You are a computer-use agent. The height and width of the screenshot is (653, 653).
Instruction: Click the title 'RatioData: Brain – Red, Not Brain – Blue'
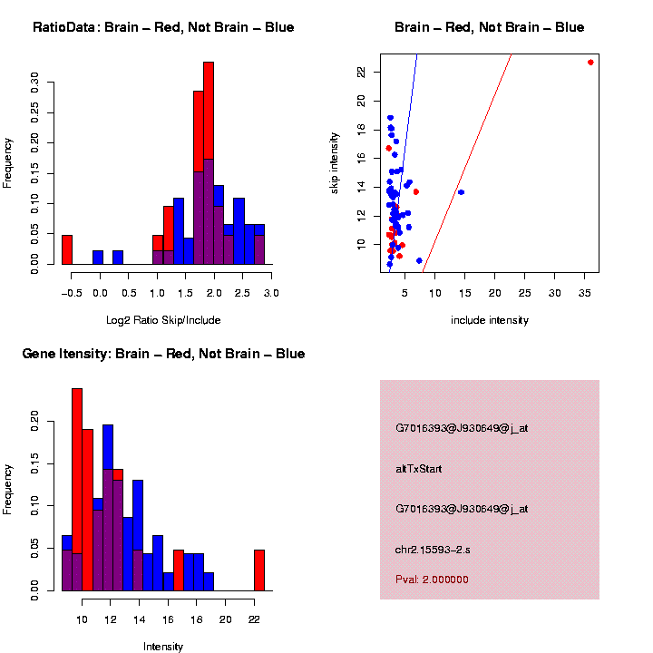(163, 27)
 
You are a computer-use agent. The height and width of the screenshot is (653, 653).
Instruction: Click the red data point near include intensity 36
(590, 63)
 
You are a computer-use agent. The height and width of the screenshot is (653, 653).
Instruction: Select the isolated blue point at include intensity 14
(461, 192)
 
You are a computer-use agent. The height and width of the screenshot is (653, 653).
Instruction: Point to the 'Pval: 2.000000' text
(432, 580)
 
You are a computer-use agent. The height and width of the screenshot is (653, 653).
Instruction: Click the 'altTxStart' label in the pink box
(419, 469)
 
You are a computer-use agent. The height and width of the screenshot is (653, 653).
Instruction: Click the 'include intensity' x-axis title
(490, 320)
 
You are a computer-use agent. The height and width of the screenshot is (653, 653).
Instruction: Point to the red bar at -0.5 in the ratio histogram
(67, 249)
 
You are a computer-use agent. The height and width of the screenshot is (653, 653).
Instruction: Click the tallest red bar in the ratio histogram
(209, 163)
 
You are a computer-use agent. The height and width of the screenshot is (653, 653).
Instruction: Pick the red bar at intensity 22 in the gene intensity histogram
(259, 570)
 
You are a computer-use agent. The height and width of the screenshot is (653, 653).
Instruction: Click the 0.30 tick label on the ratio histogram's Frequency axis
(35, 83)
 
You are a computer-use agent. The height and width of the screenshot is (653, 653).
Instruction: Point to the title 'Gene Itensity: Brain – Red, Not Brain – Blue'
(163, 354)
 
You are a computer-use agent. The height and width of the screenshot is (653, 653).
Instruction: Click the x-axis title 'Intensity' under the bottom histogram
(163, 647)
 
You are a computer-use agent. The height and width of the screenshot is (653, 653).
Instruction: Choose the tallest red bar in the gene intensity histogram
(77, 490)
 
